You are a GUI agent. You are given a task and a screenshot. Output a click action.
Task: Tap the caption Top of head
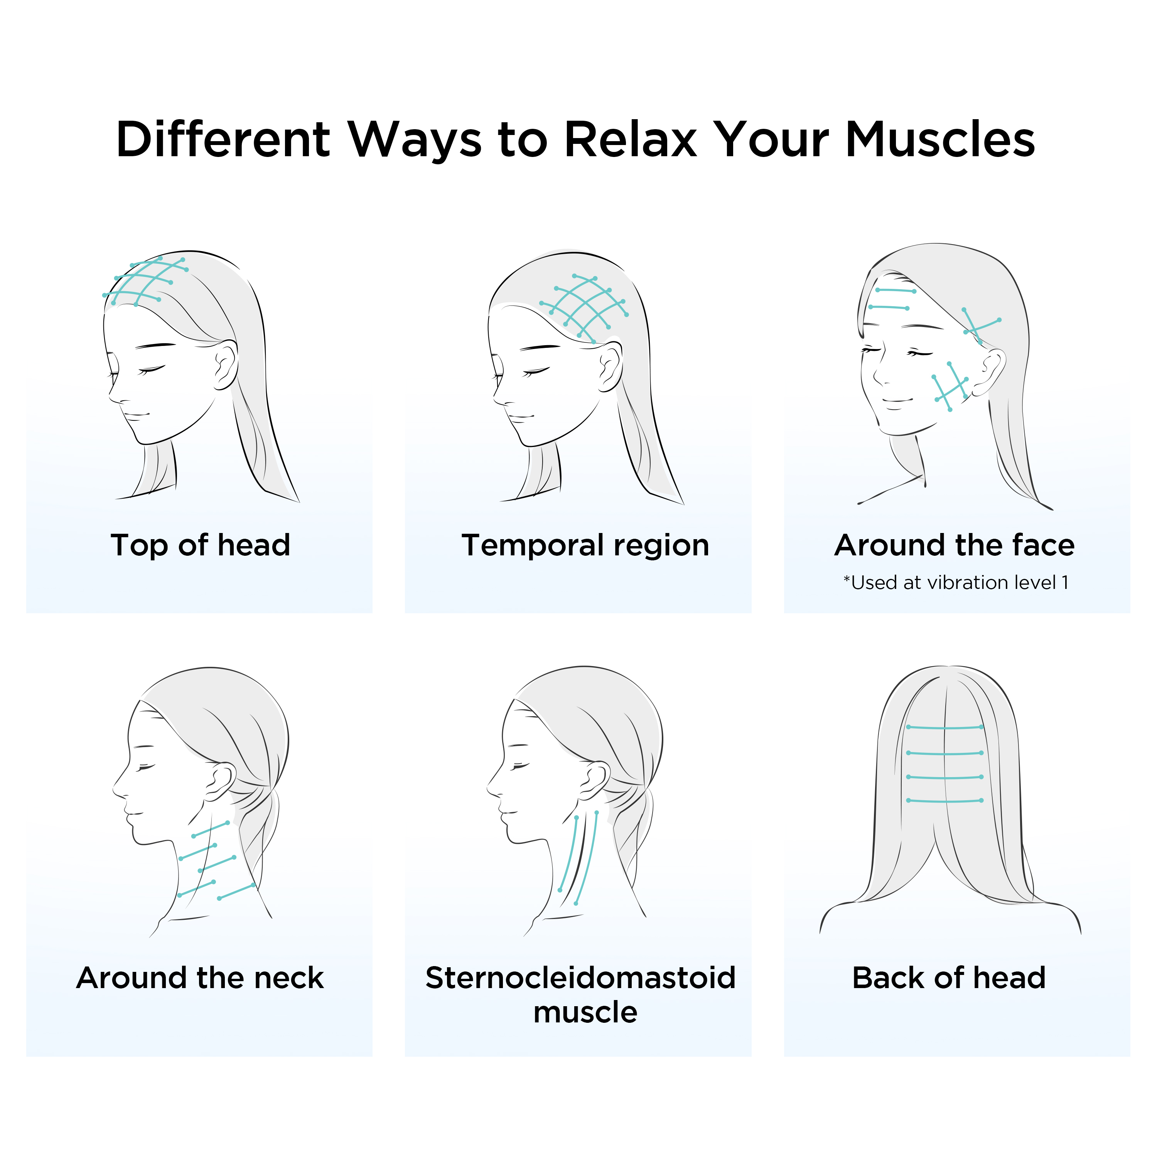click(201, 545)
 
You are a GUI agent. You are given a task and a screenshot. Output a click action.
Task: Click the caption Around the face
click(955, 545)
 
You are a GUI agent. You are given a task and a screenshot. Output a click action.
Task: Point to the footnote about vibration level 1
click(956, 583)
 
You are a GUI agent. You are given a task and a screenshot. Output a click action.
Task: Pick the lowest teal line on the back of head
click(945, 801)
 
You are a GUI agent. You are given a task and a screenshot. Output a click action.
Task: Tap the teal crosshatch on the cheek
click(951, 386)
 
